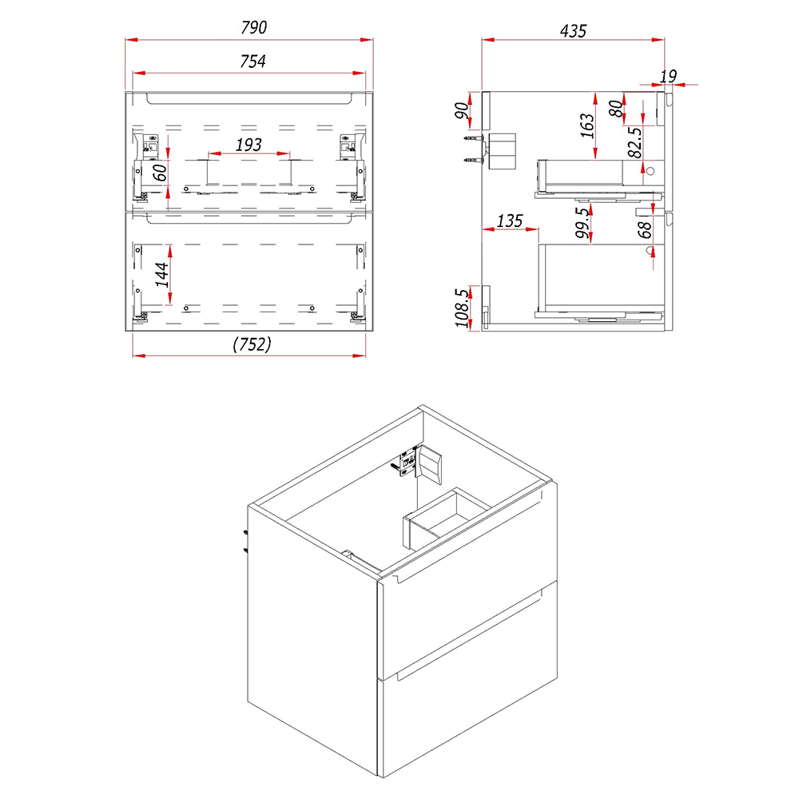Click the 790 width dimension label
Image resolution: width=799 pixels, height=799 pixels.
point(254,27)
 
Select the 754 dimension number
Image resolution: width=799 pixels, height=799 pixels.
point(252,62)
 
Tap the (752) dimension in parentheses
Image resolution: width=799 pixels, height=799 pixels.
point(252,344)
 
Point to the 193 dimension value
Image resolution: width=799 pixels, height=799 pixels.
point(248,145)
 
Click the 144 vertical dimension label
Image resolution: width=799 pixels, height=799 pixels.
point(162,275)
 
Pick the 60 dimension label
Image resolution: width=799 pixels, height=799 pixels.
point(160,173)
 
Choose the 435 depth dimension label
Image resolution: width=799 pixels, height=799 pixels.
point(573,31)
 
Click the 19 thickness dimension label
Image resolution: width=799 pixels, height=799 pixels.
point(668,77)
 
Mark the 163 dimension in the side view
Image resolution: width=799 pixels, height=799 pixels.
point(587,125)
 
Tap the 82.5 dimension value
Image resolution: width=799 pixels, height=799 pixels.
point(635,143)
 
